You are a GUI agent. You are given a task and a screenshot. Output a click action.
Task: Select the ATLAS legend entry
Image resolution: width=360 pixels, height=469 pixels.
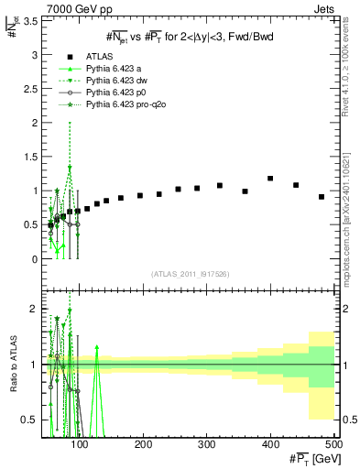point(101,56)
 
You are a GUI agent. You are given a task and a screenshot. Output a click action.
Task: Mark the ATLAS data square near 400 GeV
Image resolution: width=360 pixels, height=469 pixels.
point(270,179)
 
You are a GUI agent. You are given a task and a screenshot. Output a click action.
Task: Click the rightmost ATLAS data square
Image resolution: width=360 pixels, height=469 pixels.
point(322,197)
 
